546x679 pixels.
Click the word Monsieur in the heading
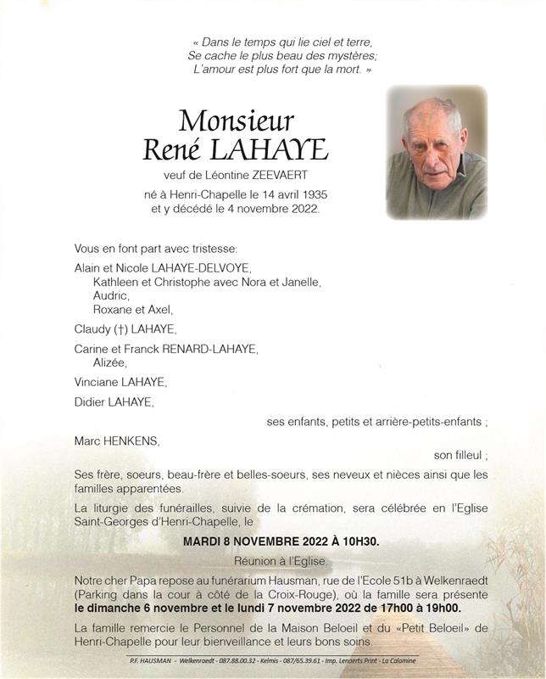coord(237,120)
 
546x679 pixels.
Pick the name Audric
coord(110,295)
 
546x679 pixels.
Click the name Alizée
coord(111,362)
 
